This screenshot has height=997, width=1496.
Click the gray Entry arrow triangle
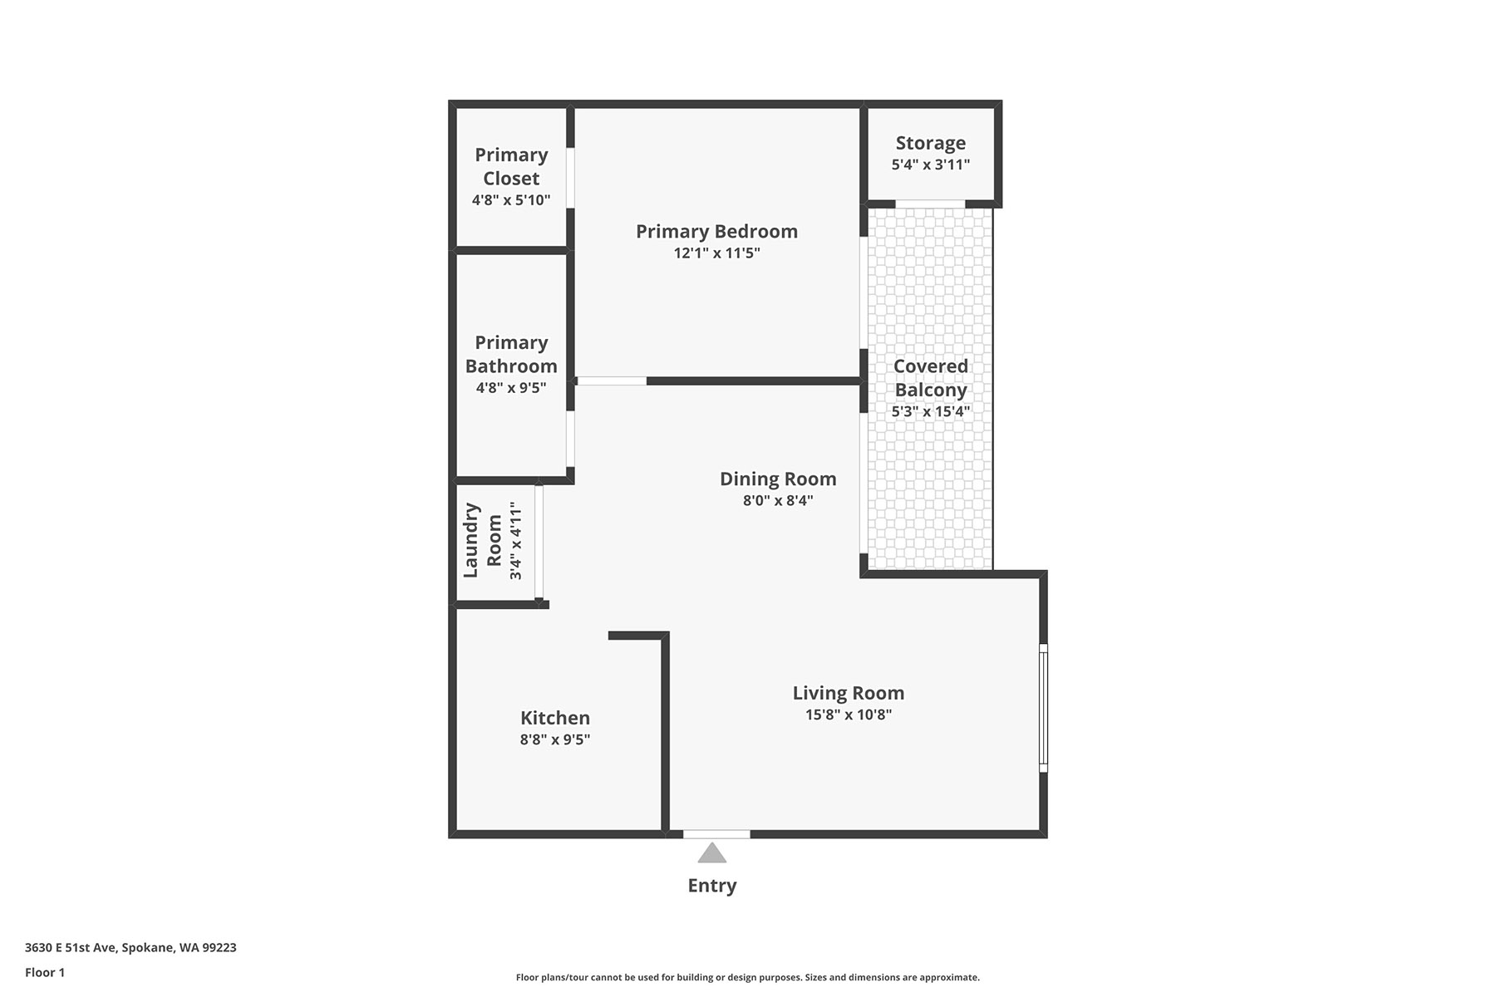pos(711,853)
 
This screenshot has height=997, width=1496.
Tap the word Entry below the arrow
pos(712,886)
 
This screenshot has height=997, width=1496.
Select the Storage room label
pos(931,143)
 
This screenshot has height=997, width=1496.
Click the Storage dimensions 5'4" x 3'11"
pos(931,165)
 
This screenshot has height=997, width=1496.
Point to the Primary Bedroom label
pos(716,231)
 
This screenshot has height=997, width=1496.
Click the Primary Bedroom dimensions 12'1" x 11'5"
pos(716,253)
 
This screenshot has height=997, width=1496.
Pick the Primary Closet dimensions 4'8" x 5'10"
pos(511,199)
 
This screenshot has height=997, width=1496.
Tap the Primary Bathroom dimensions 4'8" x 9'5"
pos(511,387)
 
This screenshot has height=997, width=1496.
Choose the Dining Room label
pos(778,479)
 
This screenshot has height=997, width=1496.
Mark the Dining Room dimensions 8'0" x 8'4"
pos(778,500)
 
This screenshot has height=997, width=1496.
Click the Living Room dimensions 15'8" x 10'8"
pos(849,715)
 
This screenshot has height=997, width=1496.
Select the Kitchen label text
pos(555,718)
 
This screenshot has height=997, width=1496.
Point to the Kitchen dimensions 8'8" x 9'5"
pos(555,739)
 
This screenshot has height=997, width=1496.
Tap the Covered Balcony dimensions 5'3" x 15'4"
pos(931,411)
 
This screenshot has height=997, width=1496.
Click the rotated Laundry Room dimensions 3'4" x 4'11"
pos(516,540)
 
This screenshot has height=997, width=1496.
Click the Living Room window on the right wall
pos(1043,708)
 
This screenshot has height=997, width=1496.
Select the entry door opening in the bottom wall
pos(716,834)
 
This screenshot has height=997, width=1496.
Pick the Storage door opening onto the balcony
pos(930,204)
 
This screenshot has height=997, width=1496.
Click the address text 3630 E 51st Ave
pos(71,948)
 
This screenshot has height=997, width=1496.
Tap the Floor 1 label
pos(45,973)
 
